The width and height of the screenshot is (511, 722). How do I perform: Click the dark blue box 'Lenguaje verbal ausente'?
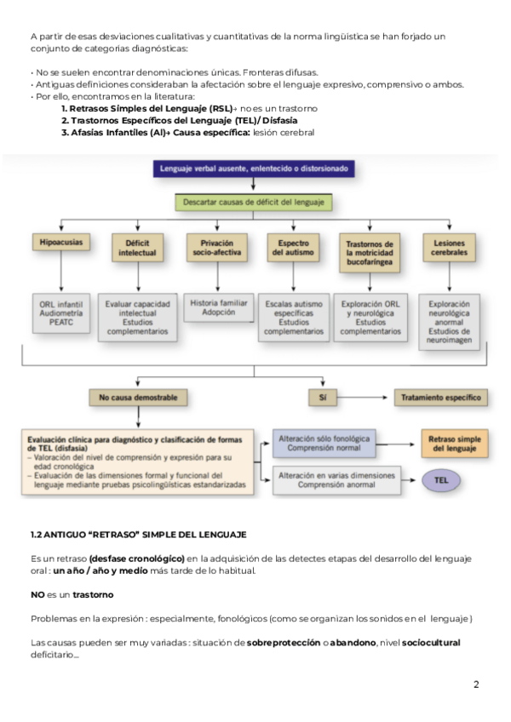pyautogui.click(x=254, y=169)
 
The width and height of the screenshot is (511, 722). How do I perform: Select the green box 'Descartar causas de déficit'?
pyautogui.click(x=254, y=203)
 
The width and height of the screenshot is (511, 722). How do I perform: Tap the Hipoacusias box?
pyautogui.click(x=60, y=243)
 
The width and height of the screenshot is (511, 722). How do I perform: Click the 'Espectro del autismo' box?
pyautogui.click(x=293, y=248)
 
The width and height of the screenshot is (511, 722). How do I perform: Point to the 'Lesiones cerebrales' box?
pyautogui.click(x=449, y=248)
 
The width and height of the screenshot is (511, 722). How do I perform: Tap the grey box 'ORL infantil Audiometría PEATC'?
pyautogui.click(x=60, y=310)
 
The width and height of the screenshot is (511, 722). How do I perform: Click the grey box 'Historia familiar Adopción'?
pyautogui.click(x=219, y=307)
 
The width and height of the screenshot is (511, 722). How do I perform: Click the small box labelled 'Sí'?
pyautogui.click(x=323, y=397)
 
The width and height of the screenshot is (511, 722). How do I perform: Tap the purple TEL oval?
pyautogui.click(x=441, y=479)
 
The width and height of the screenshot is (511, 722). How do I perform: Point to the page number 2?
pyautogui.click(x=476, y=684)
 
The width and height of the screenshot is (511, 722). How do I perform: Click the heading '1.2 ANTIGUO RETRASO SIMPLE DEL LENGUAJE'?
pyautogui.click(x=138, y=535)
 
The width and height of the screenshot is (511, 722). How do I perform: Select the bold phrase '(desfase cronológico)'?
pyautogui.click(x=136, y=559)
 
